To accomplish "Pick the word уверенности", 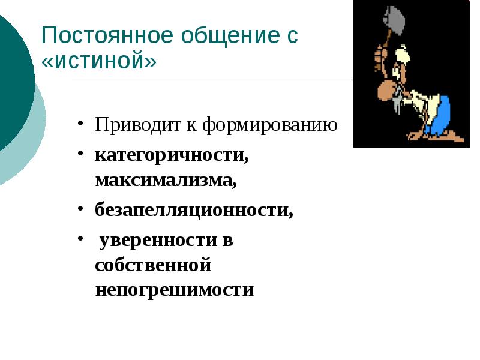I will pos(158,241).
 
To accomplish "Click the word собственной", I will pos(153,265).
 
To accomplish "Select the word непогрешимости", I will pos(174,290).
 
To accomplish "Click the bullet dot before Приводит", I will pos(80,127).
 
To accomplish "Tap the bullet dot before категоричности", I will pos(80,155).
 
